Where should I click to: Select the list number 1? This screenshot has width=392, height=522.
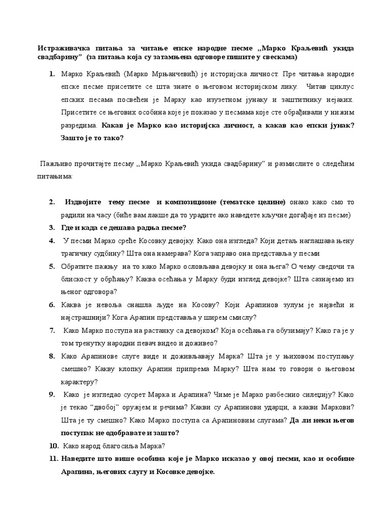52,74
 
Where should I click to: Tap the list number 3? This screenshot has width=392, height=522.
52,227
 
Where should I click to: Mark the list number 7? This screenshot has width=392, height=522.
52,330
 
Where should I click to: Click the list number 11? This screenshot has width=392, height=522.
54,459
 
